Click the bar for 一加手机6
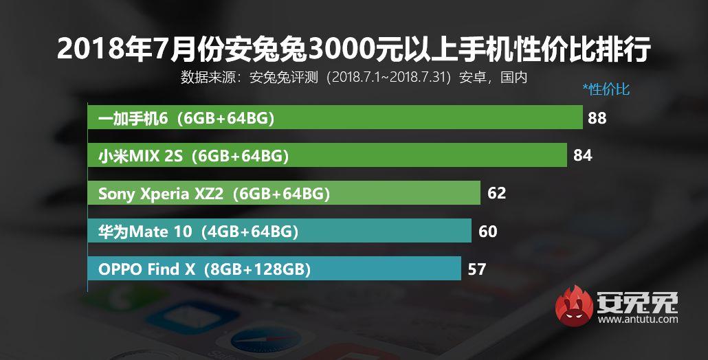[335, 118]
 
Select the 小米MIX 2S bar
[327, 156]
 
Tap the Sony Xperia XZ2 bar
[284, 194]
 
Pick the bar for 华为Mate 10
[279, 232]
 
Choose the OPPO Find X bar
[274, 269]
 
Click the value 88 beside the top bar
[597, 118]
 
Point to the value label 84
[582, 156]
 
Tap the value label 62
[496, 194]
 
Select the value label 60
[487, 232]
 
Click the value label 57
[476, 269]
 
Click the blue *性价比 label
[606, 89]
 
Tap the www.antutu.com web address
[639, 319]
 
